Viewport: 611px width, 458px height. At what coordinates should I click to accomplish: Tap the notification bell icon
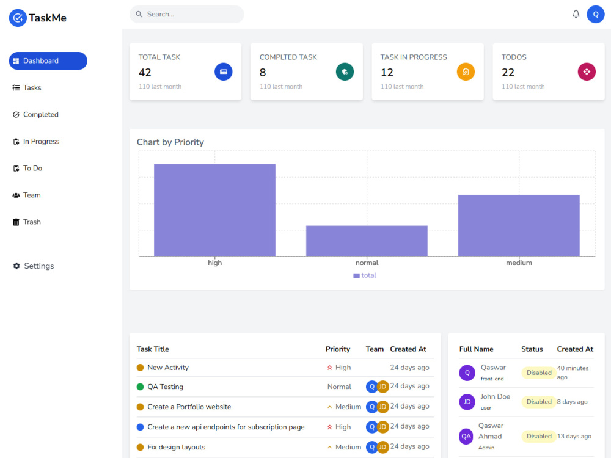point(576,14)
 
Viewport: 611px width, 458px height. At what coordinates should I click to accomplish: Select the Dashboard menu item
point(48,61)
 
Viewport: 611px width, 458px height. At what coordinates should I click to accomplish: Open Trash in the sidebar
point(32,222)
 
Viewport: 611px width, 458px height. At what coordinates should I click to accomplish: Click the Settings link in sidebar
point(38,266)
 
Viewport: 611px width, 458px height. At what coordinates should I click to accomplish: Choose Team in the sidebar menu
point(32,195)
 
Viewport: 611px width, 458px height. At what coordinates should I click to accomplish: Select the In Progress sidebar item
point(41,142)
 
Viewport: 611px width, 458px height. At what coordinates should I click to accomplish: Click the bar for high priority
point(214,210)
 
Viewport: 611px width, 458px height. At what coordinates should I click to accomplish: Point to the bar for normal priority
point(367,241)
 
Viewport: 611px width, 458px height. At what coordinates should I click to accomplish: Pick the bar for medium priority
point(519,226)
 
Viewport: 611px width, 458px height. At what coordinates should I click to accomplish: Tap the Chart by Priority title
point(170,142)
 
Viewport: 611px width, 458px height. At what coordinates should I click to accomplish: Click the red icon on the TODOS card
point(587,72)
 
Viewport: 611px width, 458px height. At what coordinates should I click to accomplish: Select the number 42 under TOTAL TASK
point(145,73)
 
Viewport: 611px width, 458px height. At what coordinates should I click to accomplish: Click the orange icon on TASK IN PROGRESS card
point(466,72)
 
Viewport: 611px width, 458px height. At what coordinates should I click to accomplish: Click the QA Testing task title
point(165,387)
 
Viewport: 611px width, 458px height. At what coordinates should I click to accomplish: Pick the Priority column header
point(338,349)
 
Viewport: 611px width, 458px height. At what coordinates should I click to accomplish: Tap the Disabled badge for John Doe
point(539,402)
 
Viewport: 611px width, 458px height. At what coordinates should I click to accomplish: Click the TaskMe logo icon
point(18,18)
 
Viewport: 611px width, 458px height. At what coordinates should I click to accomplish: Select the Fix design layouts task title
point(176,448)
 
